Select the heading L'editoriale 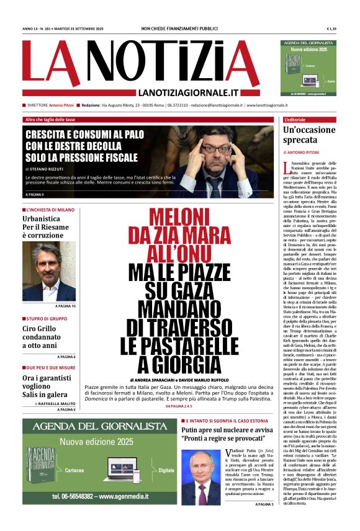click(x=295, y=119)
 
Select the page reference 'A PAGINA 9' click(x=36, y=195)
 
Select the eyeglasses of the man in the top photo click(x=220, y=149)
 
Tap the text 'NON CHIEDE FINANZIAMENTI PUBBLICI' click(x=180, y=29)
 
